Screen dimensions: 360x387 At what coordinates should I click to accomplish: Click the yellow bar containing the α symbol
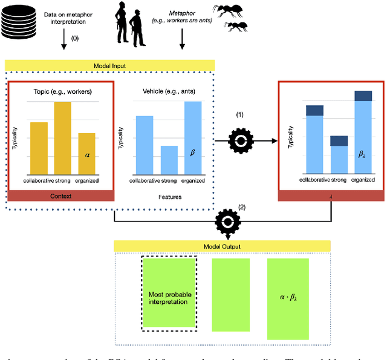(87, 154)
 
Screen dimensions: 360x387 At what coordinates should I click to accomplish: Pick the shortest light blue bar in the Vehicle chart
(168, 160)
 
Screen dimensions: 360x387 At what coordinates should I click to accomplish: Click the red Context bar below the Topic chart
(60, 196)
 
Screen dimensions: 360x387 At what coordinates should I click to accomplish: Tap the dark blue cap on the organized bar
(363, 96)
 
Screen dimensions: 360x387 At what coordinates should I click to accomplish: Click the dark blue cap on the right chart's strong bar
(339, 141)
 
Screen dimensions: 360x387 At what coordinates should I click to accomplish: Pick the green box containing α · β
(288, 298)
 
